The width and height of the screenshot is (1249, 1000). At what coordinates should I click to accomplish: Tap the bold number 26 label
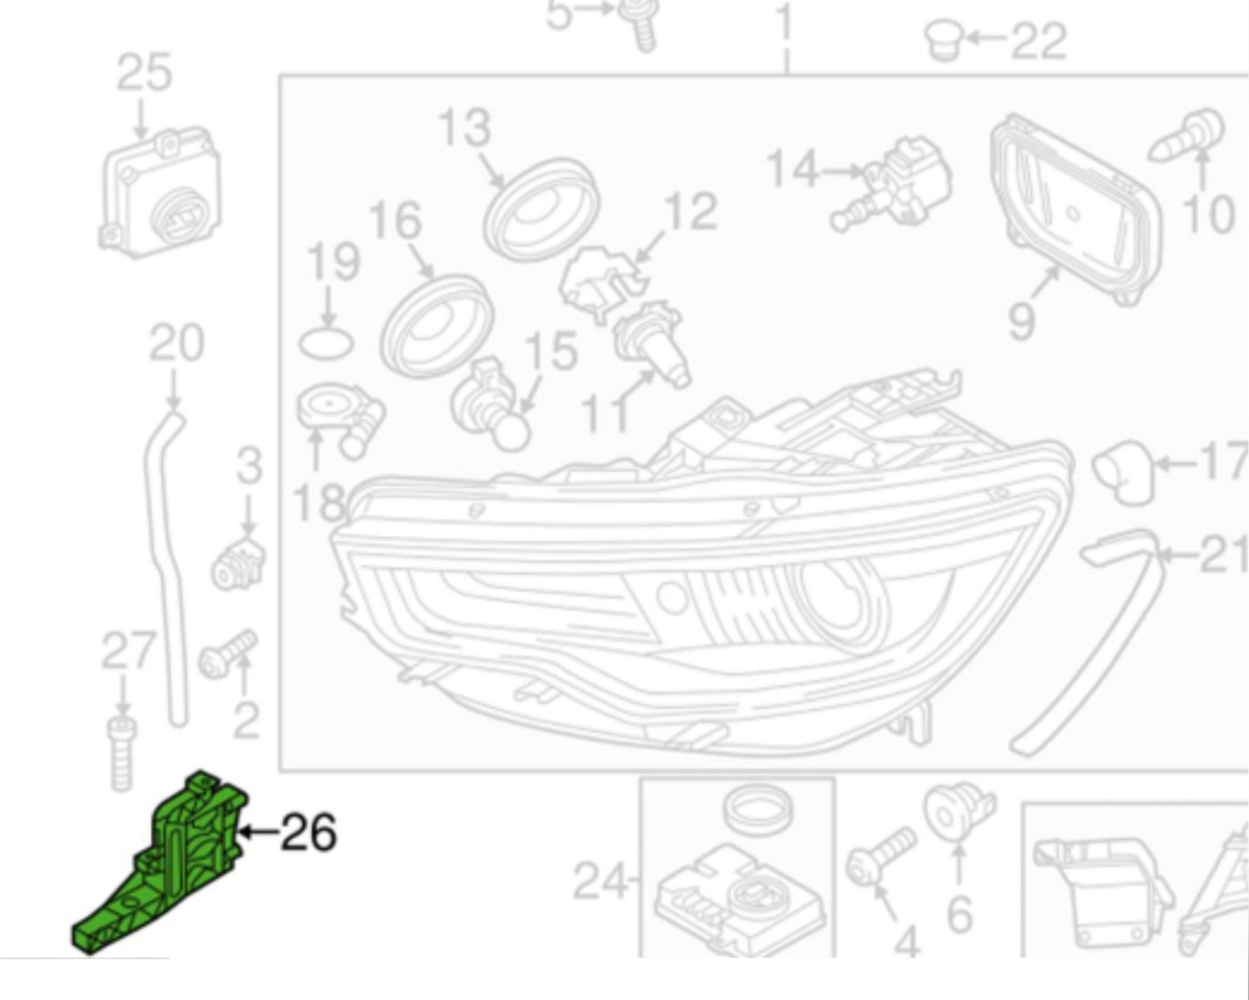click(x=308, y=832)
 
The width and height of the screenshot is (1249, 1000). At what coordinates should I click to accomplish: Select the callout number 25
click(x=144, y=72)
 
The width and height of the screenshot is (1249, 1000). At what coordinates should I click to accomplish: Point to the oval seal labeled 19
click(x=326, y=344)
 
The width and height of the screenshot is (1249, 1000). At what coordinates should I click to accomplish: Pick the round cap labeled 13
click(x=542, y=210)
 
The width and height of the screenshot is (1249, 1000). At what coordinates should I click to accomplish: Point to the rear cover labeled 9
click(x=1077, y=210)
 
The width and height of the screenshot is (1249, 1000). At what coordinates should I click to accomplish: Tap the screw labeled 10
click(x=1186, y=135)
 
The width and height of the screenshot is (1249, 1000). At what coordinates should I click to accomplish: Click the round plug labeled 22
click(x=944, y=39)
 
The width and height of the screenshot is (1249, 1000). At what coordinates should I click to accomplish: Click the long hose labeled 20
click(x=167, y=568)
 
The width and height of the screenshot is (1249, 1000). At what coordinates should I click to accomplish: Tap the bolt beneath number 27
click(x=122, y=754)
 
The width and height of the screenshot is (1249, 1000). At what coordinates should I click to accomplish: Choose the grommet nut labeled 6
click(x=959, y=812)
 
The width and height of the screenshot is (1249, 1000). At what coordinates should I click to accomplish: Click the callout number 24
click(x=600, y=880)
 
